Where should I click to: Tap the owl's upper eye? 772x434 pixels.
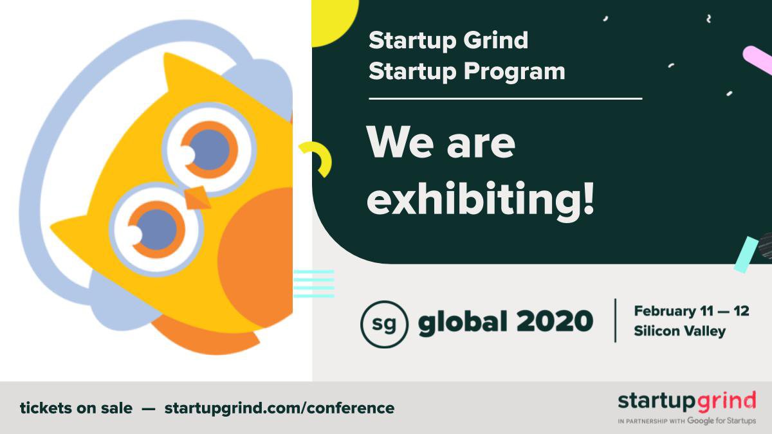pyautogui.click(x=208, y=149)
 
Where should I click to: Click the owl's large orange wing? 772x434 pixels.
pyautogui.click(x=257, y=257)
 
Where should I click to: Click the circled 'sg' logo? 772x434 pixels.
pyautogui.click(x=384, y=323)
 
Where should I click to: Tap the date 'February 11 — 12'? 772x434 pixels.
pyautogui.click(x=691, y=311)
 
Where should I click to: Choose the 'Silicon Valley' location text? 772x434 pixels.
pyautogui.click(x=679, y=332)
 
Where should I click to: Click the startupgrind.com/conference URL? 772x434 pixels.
pyautogui.click(x=279, y=408)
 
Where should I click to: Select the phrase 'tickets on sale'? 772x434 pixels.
pyautogui.click(x=76, y=408)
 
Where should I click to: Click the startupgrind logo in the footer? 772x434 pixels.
pyautogui.click(x=686, y=402)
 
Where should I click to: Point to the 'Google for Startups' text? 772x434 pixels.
pyautogui.click(x=721, y=421)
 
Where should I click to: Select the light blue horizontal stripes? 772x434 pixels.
pyautogui.click(x=313, y=284)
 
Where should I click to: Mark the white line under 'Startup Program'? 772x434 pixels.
pyautogui.click(x=505, y=99)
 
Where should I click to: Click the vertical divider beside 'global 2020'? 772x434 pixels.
pyautogui.click(x=616, y=320)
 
